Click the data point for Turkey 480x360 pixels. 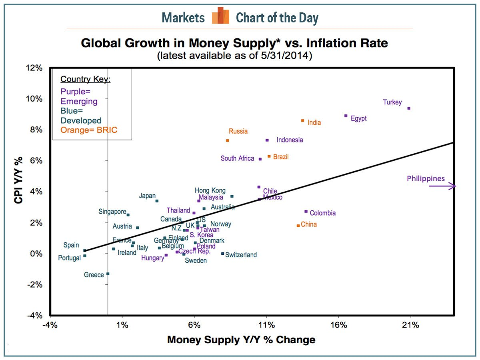[409, 108]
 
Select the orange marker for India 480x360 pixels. [302, 120]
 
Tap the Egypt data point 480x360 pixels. [346, 116]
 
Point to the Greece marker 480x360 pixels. [108, 274]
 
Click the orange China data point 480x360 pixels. [298, 226]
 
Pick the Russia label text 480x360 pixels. [238, 131]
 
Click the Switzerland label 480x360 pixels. [241, 255]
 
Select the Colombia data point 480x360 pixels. [306, 211]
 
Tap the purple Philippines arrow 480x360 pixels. [442, 186]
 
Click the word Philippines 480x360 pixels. [426, 178]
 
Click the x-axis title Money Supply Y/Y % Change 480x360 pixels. [241, 340]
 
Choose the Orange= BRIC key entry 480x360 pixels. [89, 130]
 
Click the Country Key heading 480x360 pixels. [85, 79]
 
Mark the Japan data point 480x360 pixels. [157, 201]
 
